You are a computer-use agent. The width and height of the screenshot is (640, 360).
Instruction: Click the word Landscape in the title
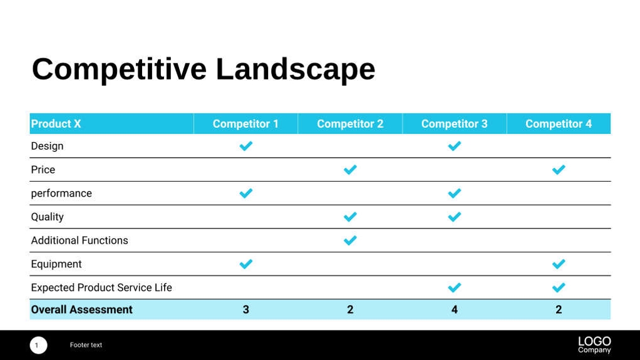click(x=295, y=69)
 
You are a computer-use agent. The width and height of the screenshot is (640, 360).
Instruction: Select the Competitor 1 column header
click(x=245, y=124)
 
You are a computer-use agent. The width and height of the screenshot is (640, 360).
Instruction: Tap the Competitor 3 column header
click(x=454, y=124)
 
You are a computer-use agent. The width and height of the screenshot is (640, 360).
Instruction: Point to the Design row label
click(x=47, y=146)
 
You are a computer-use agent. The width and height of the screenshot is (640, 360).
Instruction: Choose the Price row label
click(x=43, y=170)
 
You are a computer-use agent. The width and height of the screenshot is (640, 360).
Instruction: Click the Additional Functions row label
click(x=80, y=240)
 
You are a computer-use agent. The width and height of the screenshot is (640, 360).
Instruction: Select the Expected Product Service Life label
click(x=101, y=288)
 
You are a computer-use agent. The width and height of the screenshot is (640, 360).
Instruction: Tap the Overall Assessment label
click(x=81, y=310)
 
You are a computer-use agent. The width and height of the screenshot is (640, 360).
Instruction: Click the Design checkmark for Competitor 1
click(x=245, y=146)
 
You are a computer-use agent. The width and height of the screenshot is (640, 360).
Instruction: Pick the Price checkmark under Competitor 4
click(x=559, y=170)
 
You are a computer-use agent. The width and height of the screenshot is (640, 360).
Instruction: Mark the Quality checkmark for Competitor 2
click(x=350, y=217)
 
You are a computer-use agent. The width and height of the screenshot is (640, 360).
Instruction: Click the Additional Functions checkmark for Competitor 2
click(x=350, y=240)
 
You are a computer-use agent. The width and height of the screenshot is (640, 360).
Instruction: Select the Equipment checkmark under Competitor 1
click(x=245, y=264)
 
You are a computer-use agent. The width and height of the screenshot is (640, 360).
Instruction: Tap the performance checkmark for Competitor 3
click(x=454, y=193)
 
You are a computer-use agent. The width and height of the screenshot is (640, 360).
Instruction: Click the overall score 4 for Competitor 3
click(x=454, y=310)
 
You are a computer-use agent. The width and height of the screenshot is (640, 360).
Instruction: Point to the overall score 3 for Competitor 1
click(x=245, y=310)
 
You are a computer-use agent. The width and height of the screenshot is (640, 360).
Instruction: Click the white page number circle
click(x=38, y=345)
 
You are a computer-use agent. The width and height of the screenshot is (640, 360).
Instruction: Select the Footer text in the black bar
click(x=86, y=345)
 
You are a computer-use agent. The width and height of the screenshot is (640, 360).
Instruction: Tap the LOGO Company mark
click(x=594, y=344)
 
